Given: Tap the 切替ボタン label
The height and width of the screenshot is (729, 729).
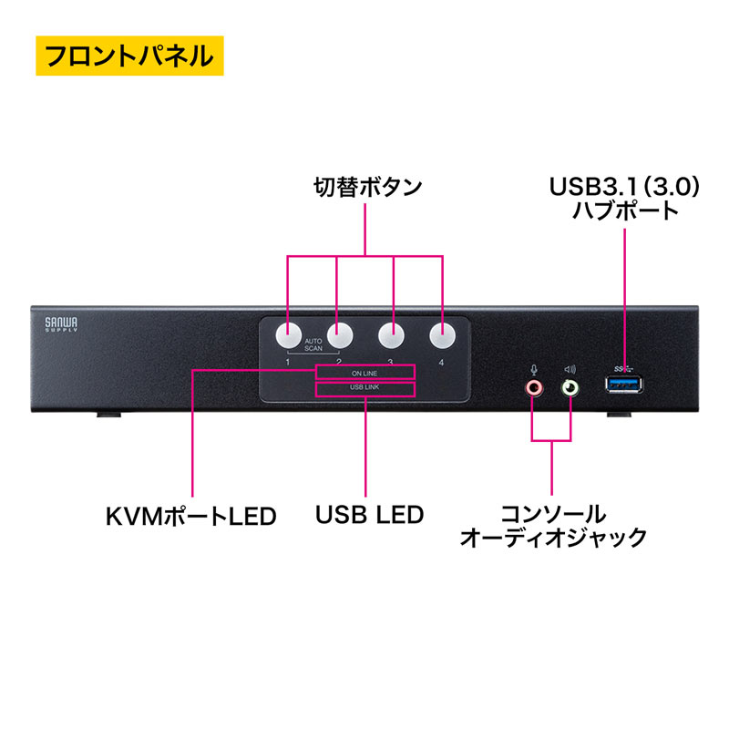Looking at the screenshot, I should [364, 189].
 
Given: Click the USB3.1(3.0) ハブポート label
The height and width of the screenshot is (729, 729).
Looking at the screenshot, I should [626, 199].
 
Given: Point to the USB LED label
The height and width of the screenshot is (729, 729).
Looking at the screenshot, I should [369, 515].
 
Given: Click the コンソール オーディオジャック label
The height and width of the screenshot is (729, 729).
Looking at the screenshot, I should [553, 525].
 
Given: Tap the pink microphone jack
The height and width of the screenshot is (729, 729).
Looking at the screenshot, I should [534, 388].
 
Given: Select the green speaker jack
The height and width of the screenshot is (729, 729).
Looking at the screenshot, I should [570, 388].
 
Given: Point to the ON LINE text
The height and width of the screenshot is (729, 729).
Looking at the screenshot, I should [364, 372].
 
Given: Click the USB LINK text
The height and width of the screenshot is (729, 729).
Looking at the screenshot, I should [364, 390].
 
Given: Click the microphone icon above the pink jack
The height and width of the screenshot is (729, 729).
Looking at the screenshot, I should [534, 369].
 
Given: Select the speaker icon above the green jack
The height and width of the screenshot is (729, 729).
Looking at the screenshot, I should [570, 369].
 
